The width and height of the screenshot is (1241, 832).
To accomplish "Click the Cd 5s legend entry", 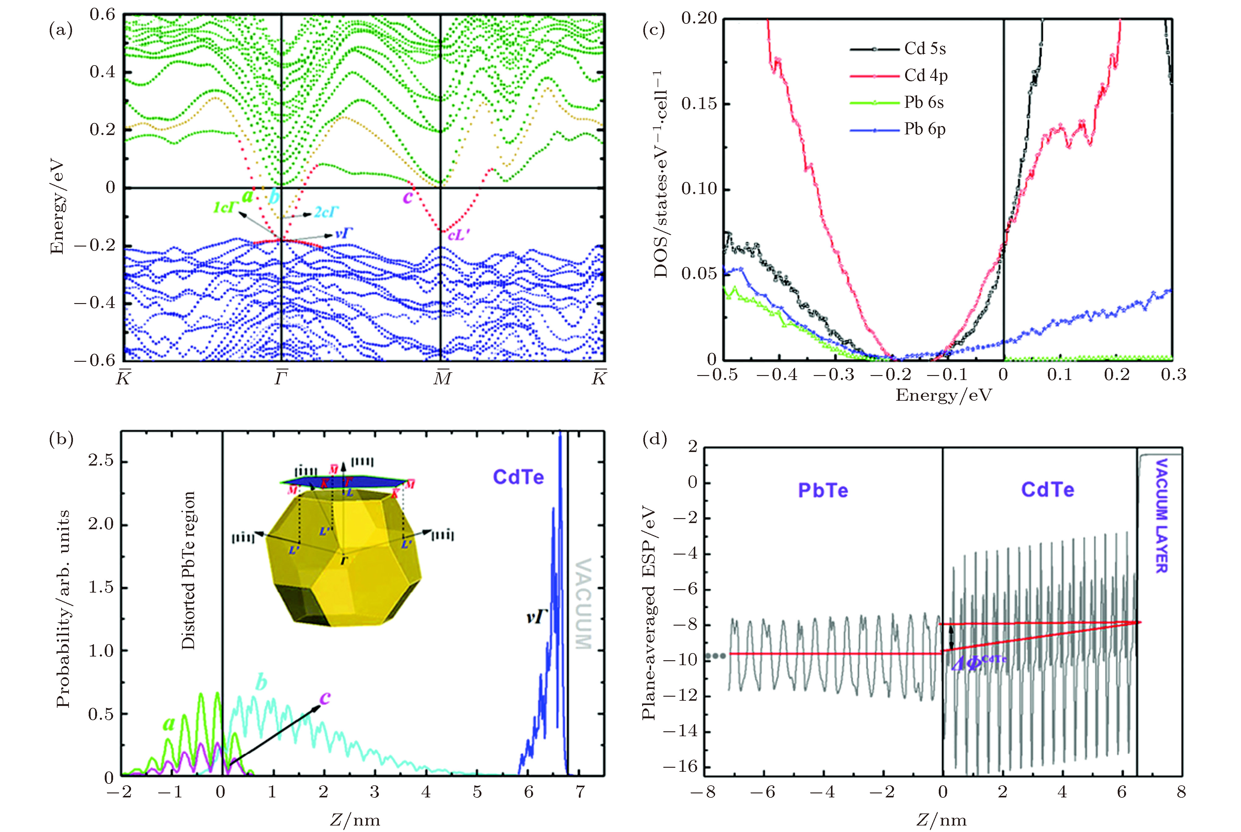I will click(925, 49).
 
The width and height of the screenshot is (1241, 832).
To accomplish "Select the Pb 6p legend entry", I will click(925, 129).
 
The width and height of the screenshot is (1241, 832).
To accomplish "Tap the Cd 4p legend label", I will click(926, 76).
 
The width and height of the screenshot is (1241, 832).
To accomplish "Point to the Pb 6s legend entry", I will click(924, 102).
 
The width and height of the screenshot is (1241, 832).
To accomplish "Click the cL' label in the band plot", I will click(458, 235).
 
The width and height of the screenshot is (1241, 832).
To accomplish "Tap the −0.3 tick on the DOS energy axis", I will click(833, 375).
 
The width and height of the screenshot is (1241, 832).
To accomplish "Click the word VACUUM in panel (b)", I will click(584, 603).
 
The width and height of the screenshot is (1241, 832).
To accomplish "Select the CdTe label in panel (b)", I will click(518, 477).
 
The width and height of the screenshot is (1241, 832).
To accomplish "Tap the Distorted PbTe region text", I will click(188, 570).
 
